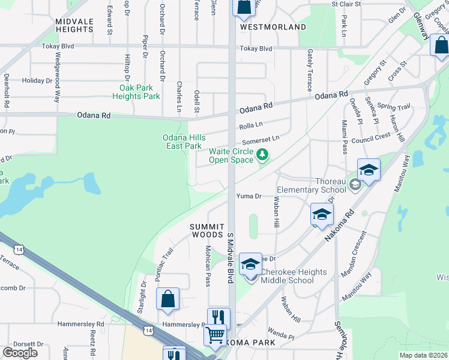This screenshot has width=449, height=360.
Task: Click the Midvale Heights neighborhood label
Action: (x=74, y=25)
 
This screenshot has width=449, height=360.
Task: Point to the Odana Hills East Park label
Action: (x=182, y=142)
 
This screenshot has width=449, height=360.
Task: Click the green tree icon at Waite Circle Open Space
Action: (x=262, y=155)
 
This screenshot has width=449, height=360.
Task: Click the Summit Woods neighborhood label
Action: (x=207, y=230)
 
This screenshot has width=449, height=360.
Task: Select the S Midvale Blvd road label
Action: (x=230, y=257)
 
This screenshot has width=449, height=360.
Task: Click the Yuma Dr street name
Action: (x=249, y=196)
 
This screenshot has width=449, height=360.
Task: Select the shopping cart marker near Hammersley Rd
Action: (x=215, y=335)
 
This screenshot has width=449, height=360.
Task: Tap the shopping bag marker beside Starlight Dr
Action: (x=167, y=298)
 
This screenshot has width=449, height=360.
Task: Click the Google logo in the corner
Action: (x=20, y=353)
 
